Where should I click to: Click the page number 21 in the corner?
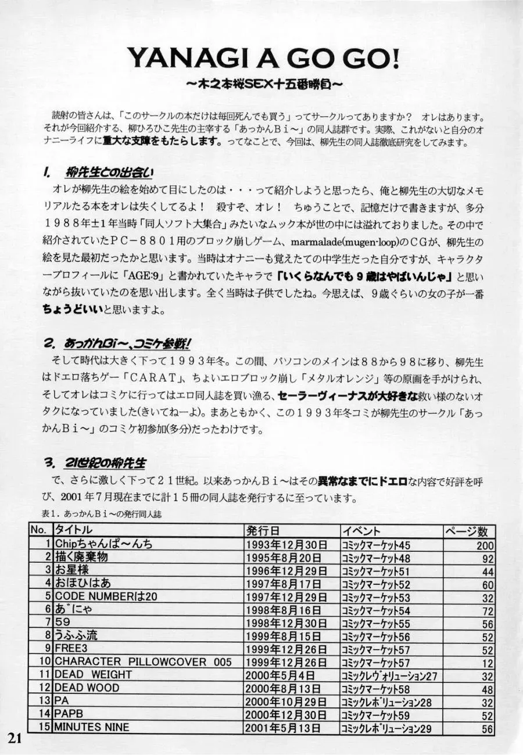[15, 738]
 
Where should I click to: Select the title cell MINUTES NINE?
[92, 727]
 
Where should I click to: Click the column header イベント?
[361, 531]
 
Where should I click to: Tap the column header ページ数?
[470, 531]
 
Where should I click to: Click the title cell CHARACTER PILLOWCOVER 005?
[143, 662]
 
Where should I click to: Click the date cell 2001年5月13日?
[283, 728]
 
